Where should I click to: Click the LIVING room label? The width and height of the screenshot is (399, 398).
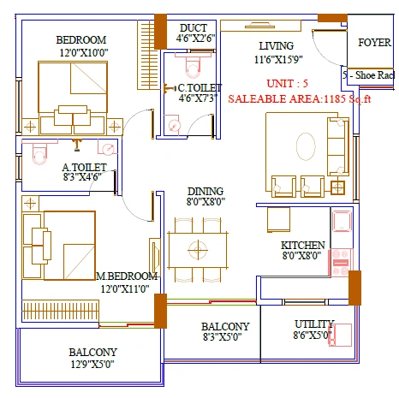tap(277, 45)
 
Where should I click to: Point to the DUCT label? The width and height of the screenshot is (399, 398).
tap(193, 26)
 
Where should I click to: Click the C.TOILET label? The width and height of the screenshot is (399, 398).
tap(199, 87)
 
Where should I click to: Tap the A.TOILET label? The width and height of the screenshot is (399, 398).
tap(84, 168)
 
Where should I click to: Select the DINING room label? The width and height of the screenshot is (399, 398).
tap(205, 191)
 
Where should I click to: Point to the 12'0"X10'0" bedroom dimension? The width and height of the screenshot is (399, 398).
tap(80, 53)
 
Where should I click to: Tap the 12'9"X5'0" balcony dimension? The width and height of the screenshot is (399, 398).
tap(93, 365)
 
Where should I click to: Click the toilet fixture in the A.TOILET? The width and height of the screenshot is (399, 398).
tap(36, 154)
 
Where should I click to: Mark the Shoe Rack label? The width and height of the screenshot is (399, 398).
tap(370, 74)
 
